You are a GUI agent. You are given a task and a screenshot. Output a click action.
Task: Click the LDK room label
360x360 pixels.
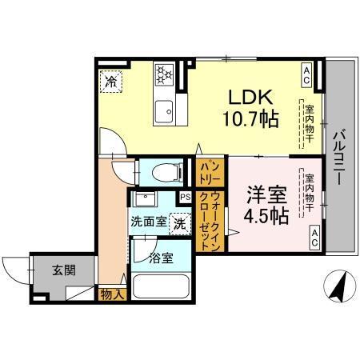point(251,98)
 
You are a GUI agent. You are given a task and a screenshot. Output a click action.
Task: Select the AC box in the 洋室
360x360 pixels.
point(315,236)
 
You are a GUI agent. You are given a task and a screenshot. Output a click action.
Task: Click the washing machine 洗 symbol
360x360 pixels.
point(181,222)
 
